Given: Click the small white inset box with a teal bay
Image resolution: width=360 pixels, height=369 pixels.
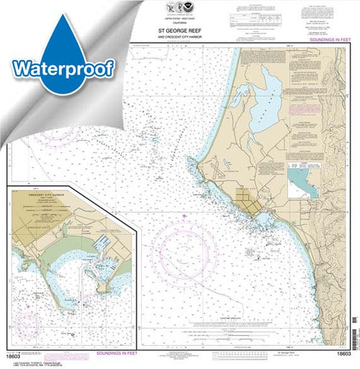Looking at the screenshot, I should [304, 180].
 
